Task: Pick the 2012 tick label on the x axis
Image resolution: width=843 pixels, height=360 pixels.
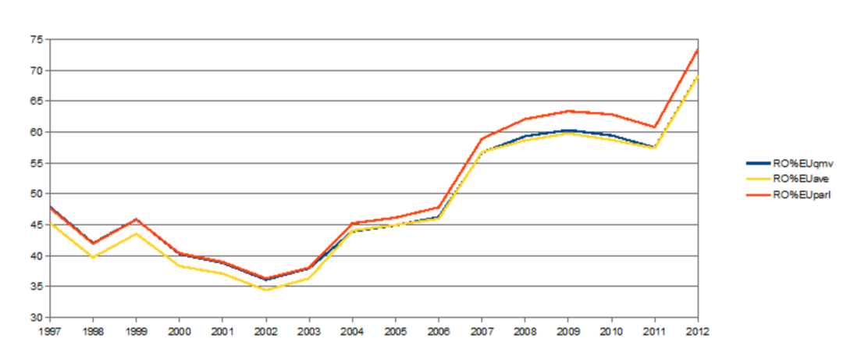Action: pos(697,331)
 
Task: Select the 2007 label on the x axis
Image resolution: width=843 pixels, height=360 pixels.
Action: pos(482,331)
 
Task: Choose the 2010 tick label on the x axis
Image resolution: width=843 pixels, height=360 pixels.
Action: pos(611,331)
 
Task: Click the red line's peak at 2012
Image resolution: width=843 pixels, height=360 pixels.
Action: pos(697,50)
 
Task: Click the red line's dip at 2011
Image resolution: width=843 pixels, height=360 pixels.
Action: pos(654,127)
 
